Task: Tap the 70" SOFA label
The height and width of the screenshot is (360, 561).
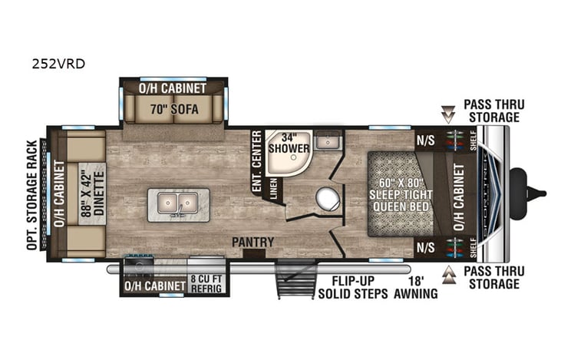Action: [x=173, y=110]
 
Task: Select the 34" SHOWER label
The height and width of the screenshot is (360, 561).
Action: [x=289, y=143]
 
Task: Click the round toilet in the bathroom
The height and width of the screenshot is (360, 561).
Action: [x=328, y=199]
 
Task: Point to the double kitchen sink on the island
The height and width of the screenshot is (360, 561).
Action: [x=179, y=203]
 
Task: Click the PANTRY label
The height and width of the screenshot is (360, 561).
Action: [x=254, y=243]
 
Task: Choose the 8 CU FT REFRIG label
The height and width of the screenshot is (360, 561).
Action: [x=206, y=286]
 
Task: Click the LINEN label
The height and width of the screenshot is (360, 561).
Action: [x=273, y=187]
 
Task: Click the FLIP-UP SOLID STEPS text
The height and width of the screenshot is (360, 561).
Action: [x=348, y=286]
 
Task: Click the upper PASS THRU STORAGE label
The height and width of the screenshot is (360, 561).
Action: [x=491, y=110]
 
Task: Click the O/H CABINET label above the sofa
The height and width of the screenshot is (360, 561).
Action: [x=173, y=88]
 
